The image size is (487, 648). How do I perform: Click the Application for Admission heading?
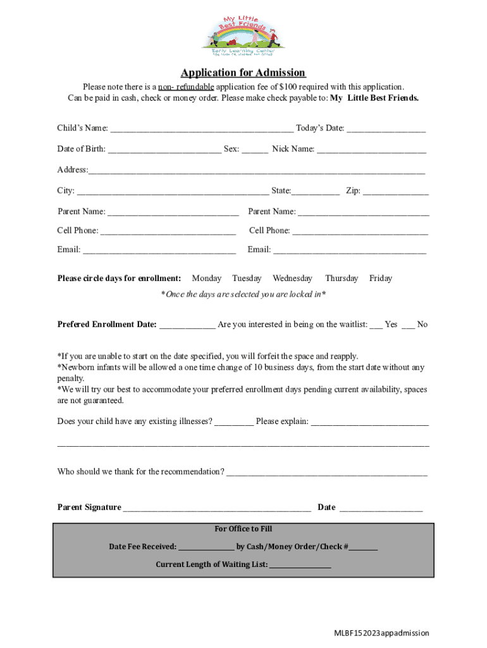click(x=244, y=73)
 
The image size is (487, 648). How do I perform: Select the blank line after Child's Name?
click(x=201, y=129)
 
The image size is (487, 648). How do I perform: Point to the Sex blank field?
click(x=254, y=149)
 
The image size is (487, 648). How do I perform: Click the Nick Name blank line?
click(x=371, y=149)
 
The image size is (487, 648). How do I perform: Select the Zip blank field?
click(x=395, y=191)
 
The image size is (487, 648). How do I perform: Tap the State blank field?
click(x=316, y=191)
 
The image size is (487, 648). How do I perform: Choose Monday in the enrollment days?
click(x=207, y=278)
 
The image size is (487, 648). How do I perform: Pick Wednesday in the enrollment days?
click(x=292, y=278)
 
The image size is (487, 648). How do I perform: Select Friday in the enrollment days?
click(x=381, y=278)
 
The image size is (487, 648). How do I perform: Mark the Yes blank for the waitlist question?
click(x=376, y=325)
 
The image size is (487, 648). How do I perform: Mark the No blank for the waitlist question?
click(x=408, y=325)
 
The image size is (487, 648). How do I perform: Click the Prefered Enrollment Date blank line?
click(x=187, y=325)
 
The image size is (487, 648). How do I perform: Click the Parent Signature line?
click(x=217, y=508)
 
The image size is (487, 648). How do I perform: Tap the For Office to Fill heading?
click(x=244, y=529)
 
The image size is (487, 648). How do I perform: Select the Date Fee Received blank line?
click(x=206, y=547)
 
